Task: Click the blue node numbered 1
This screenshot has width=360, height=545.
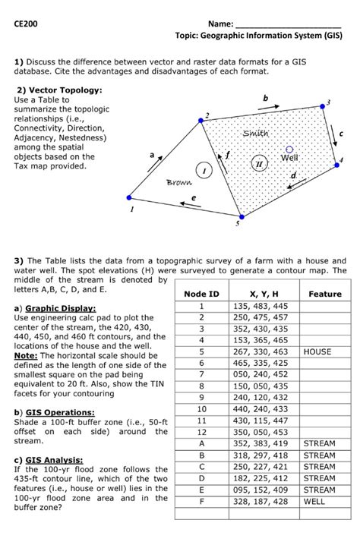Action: (129, 198)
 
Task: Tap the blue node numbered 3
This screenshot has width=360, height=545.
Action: (323, 106)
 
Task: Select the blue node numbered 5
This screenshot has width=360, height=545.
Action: (242, 217)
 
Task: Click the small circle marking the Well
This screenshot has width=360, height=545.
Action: (289, 150)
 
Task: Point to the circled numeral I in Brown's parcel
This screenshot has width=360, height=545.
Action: (204, 170)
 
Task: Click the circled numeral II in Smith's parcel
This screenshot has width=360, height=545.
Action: (260, 163)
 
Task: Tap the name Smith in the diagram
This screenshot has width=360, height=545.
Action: (256, 133)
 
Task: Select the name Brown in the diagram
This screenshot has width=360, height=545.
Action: (178, 182)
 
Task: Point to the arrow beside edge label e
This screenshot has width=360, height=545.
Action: (190, 204)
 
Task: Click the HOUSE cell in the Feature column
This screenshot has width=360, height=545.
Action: (317, 351)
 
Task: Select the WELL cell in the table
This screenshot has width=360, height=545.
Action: (314, 502)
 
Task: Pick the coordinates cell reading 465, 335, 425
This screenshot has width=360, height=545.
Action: (261, 364)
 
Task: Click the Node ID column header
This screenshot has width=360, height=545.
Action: (202, 294)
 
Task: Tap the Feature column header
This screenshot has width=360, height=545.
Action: (325, 294)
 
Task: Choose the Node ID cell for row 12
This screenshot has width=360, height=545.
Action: (202, 432)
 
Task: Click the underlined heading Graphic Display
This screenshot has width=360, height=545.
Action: (61, 308)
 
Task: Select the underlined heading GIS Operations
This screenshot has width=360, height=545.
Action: (60, 413)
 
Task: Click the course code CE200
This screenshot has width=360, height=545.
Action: (26, 24)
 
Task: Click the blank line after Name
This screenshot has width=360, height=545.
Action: (289, 27)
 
